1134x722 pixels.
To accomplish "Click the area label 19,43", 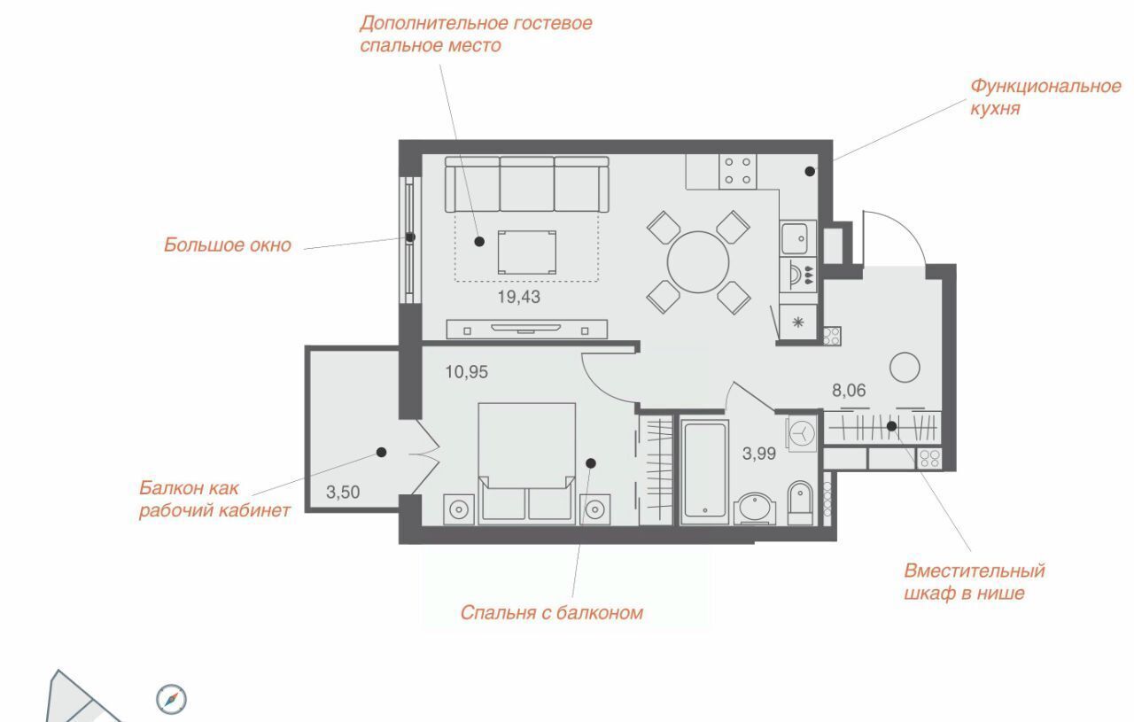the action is [x=519, y=297].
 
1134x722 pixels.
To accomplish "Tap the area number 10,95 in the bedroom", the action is [x=466, y=372].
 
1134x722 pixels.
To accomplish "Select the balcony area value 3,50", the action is [x=343, y=493].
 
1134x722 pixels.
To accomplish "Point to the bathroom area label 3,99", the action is [x=759, y=454].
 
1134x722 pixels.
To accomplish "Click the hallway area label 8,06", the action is [x=849, y=391].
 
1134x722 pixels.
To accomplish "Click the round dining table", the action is [x=698, y=261].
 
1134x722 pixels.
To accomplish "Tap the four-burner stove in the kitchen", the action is [x=738, y=171].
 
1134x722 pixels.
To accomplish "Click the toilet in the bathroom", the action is [x=800, y=502].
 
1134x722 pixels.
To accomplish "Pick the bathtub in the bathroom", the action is [x=704, y=471].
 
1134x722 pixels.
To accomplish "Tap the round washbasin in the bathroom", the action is [x=754, y=509].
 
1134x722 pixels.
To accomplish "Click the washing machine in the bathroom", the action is [x=802, y=433].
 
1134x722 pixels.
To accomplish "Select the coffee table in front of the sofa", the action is [x=526, y=252].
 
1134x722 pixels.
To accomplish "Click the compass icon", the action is [x=171, y=699].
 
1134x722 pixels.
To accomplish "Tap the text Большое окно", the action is [x=228, y=245].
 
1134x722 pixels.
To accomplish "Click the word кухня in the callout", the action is [x=995, y=109].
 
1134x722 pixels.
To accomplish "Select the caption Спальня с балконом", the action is [x=552, y=613].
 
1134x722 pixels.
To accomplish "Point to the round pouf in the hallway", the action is [x=905, y=367].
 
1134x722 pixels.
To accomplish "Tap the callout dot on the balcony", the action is [x=382, y=452].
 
